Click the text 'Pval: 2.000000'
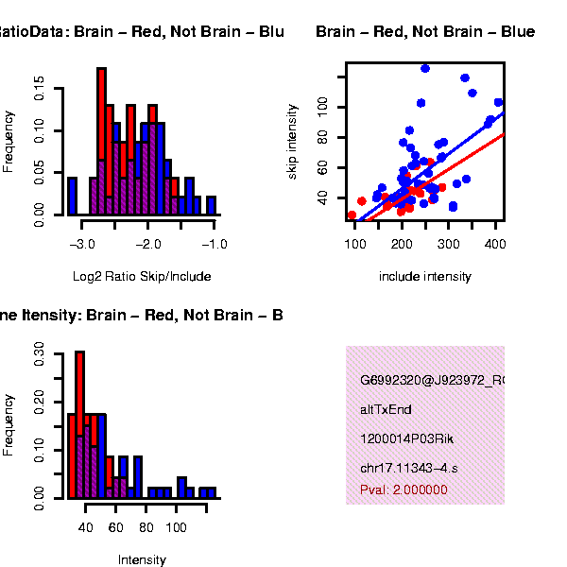click(x=404, y=490)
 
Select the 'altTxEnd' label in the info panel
click(x=386, y=410)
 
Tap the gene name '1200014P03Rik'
click(x=401, y=439)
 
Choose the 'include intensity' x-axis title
click(x=424, y=277)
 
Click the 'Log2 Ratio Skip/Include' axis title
click(x=142, y=277)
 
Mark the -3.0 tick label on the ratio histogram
click(x=83, y=245)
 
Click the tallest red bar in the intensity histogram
click(x=80, y=424)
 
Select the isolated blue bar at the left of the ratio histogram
click(x=72, y=196)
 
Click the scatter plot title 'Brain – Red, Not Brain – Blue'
click(x=425, y=32)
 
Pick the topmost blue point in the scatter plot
click(x=425, y=68)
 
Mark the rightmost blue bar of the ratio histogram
click(x=211, y=205)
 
